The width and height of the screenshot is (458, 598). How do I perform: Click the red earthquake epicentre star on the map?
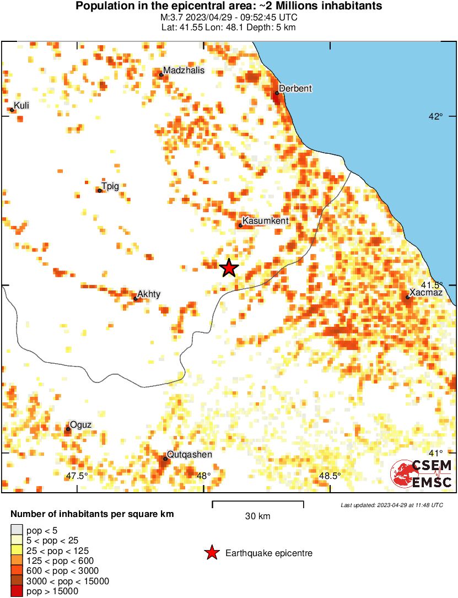(x=229, y=268)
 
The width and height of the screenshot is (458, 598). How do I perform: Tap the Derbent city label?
(x=295, y=88)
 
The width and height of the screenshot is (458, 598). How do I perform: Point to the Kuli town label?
(x=21, y=105)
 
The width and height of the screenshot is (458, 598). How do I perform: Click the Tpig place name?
(x=110, y=186)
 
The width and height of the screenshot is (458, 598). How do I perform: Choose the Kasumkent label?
(x=266, y=221)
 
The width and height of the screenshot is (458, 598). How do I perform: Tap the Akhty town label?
(x=149, y=294)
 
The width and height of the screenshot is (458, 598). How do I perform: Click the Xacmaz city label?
(x=426, y=293)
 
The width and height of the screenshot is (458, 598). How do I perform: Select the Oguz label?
(x=80, y=424)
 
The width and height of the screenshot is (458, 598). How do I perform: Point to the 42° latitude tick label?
(x=436, y=116)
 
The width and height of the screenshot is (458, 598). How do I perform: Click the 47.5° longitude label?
(x=77, y=476)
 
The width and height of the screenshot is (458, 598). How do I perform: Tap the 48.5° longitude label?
(x=330, y=476)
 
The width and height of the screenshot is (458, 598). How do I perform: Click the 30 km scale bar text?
(x=257, y=516)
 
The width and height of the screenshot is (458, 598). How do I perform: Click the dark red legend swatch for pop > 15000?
(x=17, y=591)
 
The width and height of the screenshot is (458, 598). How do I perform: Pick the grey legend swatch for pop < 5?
(x=17, y=531)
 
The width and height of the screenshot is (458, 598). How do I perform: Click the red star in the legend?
(x=211, y=553)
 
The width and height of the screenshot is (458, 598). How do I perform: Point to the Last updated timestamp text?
(x=391, y=505)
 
